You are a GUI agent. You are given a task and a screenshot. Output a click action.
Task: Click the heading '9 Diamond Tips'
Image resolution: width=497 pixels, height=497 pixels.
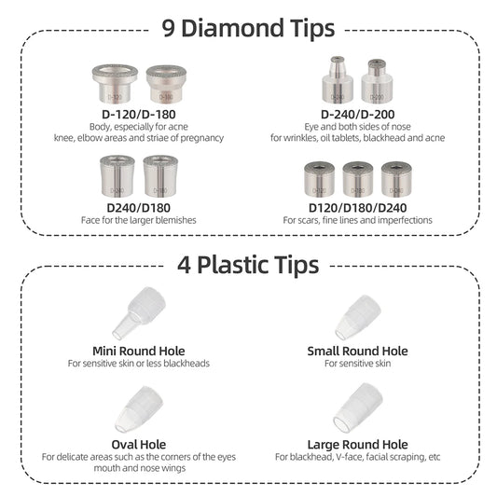248,28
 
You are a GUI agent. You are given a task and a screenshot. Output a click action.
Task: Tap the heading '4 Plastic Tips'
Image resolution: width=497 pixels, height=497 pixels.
248,265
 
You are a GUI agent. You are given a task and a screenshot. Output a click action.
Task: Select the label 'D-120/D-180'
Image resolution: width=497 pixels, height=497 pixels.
139,115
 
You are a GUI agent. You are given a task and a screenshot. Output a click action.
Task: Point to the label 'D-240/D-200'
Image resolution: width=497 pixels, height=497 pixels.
357,115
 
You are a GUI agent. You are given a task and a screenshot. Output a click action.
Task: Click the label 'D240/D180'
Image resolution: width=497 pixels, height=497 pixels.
139,208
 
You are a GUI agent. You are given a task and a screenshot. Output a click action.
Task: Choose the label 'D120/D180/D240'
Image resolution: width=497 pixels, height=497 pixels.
357,208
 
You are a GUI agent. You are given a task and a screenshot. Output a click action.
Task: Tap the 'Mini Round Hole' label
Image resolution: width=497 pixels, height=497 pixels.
139,352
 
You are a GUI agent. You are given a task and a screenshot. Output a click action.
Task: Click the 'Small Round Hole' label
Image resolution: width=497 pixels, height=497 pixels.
357,352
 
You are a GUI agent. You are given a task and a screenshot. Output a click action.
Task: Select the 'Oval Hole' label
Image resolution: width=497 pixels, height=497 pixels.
139,445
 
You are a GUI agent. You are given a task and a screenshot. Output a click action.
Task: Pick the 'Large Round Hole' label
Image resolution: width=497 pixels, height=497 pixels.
357,445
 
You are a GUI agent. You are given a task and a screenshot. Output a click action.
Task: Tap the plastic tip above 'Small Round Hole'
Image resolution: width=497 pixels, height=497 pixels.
359,317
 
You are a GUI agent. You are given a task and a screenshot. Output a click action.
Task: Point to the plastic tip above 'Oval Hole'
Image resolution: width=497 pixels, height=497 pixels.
140,409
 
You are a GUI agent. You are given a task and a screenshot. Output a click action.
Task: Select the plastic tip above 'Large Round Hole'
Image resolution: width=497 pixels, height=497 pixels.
358,407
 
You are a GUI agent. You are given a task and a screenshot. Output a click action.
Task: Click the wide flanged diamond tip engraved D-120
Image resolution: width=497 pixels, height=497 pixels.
115,83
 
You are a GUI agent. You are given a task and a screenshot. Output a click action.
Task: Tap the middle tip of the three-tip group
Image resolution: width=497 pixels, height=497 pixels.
358,179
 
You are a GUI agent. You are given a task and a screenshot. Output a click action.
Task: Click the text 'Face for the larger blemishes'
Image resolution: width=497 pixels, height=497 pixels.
139,220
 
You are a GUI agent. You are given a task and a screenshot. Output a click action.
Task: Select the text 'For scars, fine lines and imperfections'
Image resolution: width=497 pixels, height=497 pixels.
357,220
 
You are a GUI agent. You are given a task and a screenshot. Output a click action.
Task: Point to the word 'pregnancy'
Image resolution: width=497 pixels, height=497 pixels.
202,138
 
